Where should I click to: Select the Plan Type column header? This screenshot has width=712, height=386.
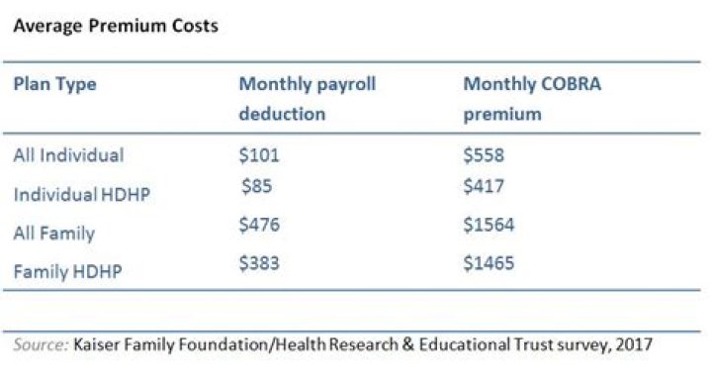(54, 84)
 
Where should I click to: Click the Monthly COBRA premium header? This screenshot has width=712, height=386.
(532, 98)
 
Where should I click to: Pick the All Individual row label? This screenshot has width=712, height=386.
(68, 155)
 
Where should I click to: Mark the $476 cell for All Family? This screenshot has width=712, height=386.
(260, 225)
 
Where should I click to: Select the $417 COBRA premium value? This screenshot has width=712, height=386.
(484, 185)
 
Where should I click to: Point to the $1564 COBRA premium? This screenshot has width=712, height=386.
(489, 225)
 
